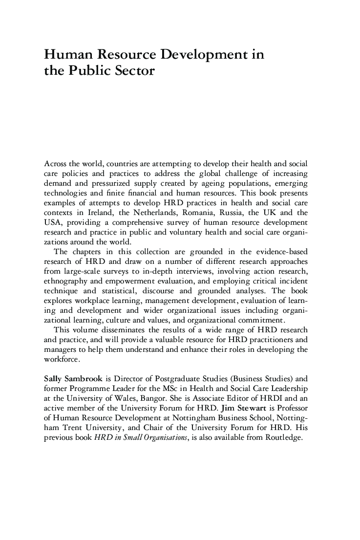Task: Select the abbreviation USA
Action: [53, 222]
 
